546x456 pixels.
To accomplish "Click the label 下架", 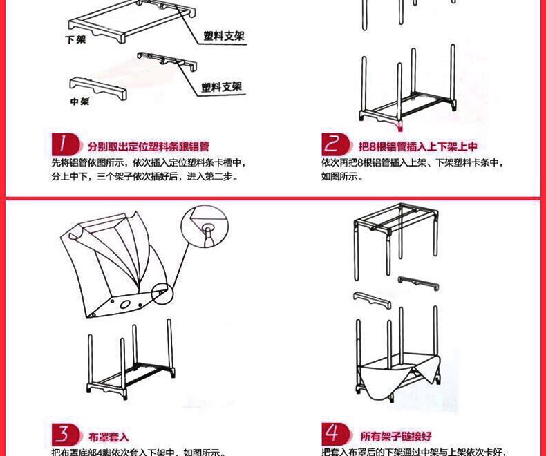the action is (x=75, y=41).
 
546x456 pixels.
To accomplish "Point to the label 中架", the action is (x=80, y=102).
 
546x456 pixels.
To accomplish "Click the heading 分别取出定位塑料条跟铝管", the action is (x=148, y=147).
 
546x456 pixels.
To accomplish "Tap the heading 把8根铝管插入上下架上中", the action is (x=417, y=147).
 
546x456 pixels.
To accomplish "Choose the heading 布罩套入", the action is (x=109, y=437).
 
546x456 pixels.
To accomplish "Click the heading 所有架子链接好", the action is (x=396, y=437).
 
